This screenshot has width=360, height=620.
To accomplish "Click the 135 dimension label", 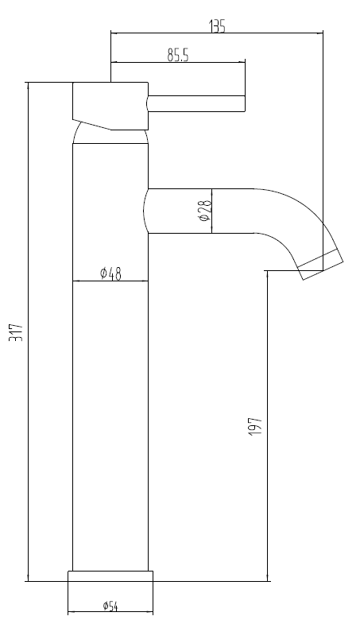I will click(217, 26).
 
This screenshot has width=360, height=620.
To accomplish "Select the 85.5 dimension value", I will click(177, 55).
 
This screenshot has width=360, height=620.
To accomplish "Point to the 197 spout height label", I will click(254, 425).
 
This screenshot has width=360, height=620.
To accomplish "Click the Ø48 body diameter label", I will click(110, 273).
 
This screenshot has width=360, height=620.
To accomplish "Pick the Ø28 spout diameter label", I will click(204, 211).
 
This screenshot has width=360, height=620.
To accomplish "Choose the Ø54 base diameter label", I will click(110, 607).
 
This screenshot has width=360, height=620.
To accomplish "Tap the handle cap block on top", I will click(110, 102).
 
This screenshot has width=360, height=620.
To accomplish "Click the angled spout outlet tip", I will click(320, 265).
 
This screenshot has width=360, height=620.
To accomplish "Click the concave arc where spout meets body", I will click(145, 211).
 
